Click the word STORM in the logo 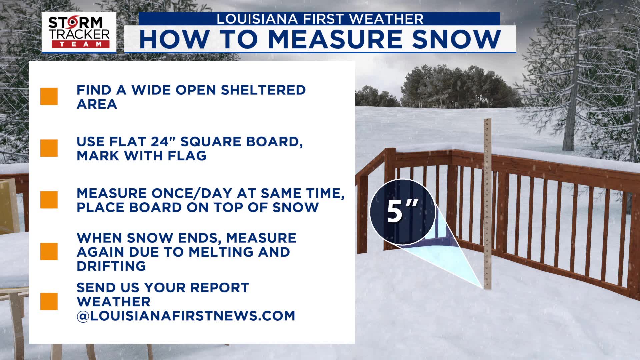pyautogui.click(x=76, y=23)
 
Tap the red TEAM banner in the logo pyautogui.click(x=80, y=44)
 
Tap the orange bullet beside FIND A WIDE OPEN pyautogui.click(x=49, y=97)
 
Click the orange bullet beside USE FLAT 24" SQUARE pyautogui.click(x=49, y=148)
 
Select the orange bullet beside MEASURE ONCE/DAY pyautogui.click(x=49, y=200)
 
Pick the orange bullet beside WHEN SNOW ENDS pyautogui.click(x=49, y=251)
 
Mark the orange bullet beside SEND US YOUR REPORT pyautogui.click(x=49, y=301)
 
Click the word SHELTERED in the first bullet pyautogui.click(x=263, y=90)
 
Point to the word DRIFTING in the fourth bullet pyautogui.click(x=111, y=266)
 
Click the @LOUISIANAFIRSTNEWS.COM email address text pyautogui.click(x=186, y=316)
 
